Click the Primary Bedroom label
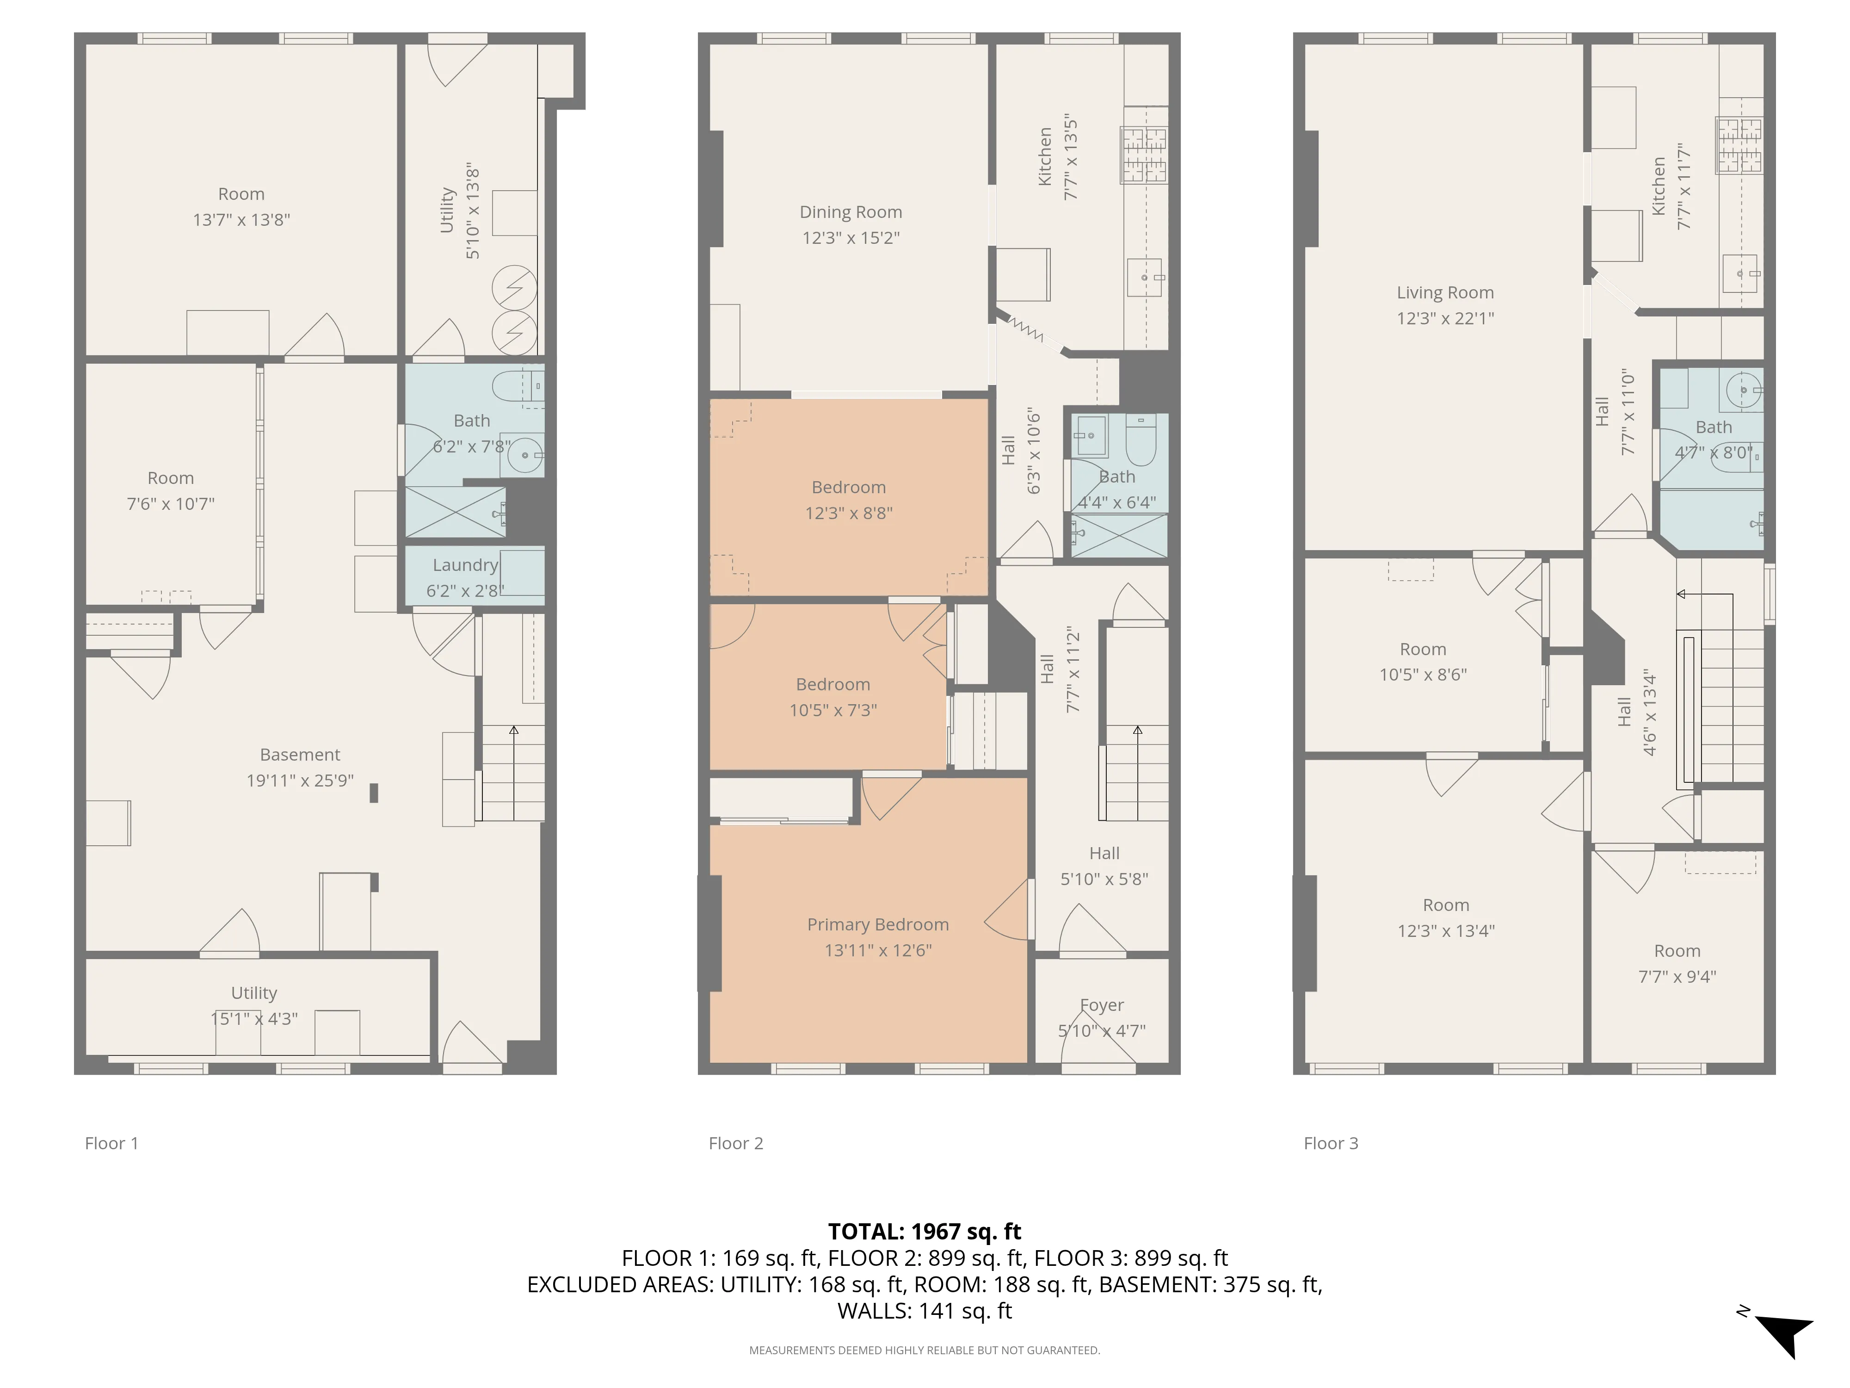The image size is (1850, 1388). (x=877, y=924)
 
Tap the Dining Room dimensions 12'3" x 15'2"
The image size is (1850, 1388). (x=851, y=238)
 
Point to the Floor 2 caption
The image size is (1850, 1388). (x=735, y=1144)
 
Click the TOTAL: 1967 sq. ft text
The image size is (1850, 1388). (x=924, y=1232)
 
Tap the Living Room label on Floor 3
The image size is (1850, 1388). (x=1444, y=293)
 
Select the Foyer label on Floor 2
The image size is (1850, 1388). (x=1102, y=1006)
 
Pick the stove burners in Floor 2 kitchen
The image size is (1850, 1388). (x=1144, y=155)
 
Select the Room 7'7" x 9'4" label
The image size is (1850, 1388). (x=1677, y=951)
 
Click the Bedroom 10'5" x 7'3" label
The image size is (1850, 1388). (x=833, y=684)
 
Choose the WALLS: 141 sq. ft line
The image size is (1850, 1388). (x=924, y=1311)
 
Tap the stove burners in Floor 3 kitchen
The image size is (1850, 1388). (x=1739, y=146)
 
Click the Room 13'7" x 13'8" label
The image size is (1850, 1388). (x=241, y=194)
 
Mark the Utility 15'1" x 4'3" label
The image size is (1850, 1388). (x=254, y=993)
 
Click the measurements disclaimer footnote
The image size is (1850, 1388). (x=924, y=1351)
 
